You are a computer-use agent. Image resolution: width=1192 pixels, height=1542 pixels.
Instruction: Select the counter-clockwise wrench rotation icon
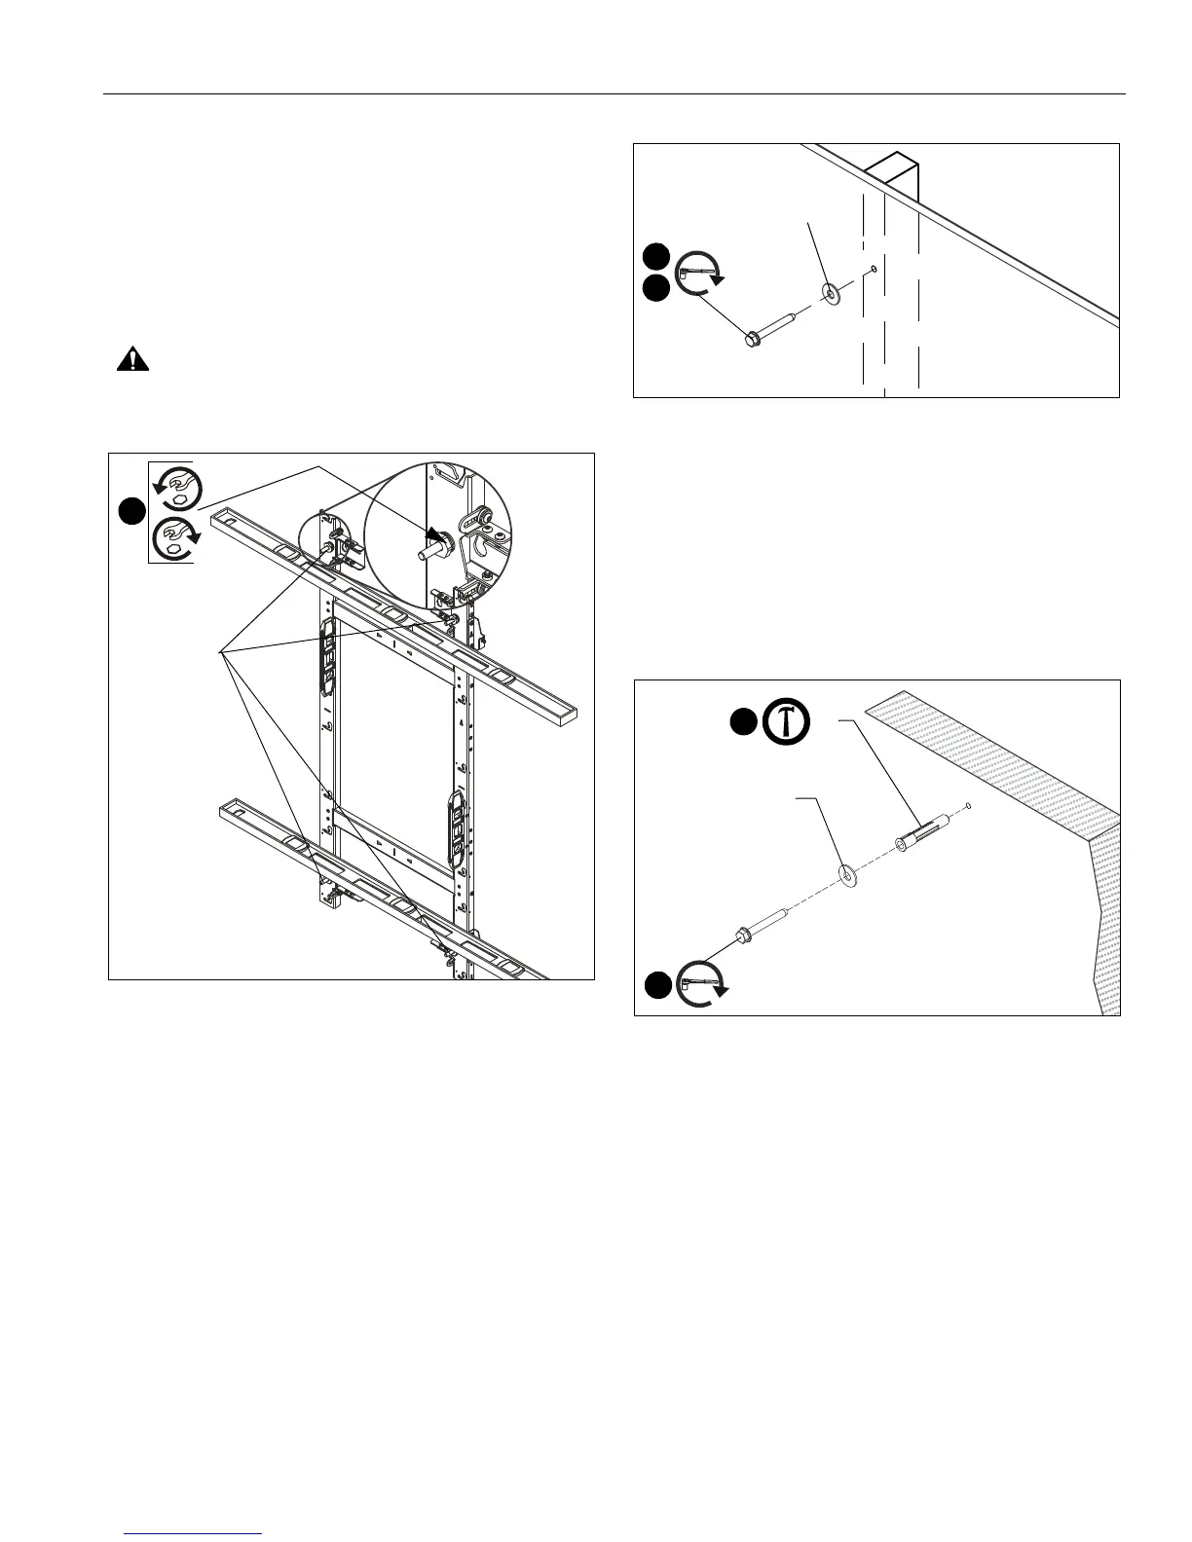click(x=176, y=488)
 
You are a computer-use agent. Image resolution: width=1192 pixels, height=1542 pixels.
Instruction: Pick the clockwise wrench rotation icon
click(x=176, y=538)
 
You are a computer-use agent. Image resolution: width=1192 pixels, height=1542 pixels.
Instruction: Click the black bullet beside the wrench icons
click(x=132, y=512)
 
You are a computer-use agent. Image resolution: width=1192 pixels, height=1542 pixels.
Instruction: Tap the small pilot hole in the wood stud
click(x=874, y=270)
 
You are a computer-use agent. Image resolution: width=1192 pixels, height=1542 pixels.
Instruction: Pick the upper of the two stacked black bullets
click(x=656, y=257)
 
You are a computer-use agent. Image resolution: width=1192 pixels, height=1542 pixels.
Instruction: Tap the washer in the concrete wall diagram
click(x=850, y=877)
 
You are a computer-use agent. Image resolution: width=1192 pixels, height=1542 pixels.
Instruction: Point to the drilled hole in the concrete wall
click(x=969, y=805)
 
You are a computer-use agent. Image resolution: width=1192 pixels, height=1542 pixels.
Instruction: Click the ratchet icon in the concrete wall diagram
click(x=703, y=984)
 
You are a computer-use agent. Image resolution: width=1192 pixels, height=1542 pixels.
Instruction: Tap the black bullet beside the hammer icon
click(x=744, y=721)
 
